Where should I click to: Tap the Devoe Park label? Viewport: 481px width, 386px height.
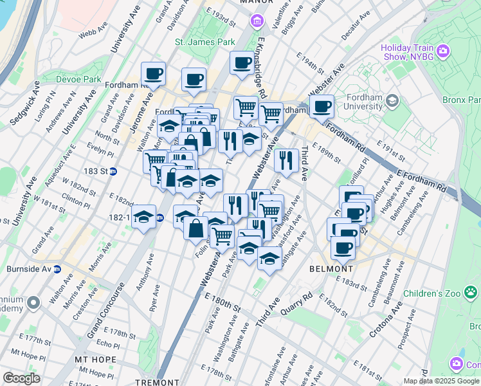coord(82,79)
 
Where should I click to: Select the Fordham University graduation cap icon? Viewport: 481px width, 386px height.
coord(392,101)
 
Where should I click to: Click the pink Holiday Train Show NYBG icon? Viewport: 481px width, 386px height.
coord(442,51)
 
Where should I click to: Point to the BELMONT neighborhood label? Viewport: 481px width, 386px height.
coord(331,268)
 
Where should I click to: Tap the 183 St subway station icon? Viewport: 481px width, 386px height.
coord(113,171)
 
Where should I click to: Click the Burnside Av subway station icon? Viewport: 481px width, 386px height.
coord(57,269)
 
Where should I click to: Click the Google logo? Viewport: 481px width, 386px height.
coord(21,378)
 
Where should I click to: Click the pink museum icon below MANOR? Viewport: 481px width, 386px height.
coord(257,23)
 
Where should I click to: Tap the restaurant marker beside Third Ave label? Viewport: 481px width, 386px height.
coord(286,159)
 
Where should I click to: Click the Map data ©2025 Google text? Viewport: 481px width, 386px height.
coord(441,381)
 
